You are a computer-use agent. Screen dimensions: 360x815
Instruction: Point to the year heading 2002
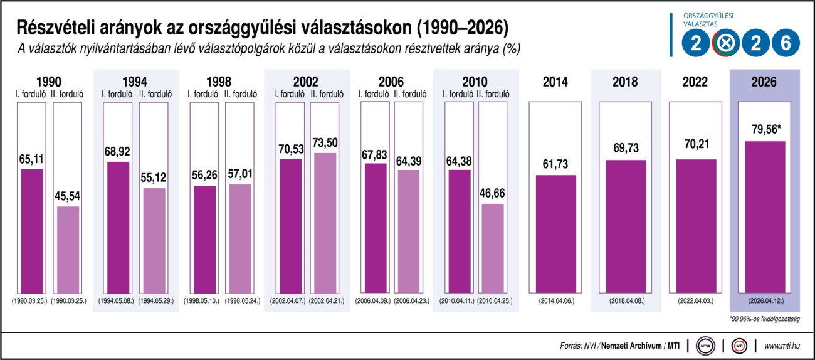pos(306,82)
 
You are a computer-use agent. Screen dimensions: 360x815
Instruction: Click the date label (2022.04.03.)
pos(695,301)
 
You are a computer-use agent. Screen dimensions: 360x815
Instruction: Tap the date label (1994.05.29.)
pos(153,301)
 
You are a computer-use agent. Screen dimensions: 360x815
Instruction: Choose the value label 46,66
pos(493,192)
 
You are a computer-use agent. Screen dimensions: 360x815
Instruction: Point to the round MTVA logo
pos(705,346)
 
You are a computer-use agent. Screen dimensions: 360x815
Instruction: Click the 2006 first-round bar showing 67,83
pos(375,230)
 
